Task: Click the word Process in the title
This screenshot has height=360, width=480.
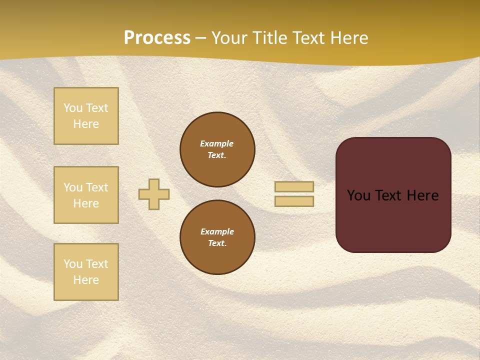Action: click(x=157, y=38)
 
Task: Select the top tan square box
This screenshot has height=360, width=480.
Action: click(x=86, y=116)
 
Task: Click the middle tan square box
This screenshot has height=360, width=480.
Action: click(x=86, y=195)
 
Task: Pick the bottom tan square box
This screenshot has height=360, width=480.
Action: click(x=86, y=272)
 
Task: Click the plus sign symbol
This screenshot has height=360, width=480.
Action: click(x=154, y=194)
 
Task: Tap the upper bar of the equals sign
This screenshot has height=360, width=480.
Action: click(x=294, y=186)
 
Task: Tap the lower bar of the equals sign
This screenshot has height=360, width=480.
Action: click(x=294, y=201)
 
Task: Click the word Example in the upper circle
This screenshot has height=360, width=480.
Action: click(x=217, y=143)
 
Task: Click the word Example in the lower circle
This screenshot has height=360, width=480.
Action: click(x=217, y=231)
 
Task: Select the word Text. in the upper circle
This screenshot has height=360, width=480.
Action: click(x=217, y=155)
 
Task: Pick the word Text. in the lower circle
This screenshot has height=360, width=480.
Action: click(x=217, y=243)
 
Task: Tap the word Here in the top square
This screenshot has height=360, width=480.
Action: click(x=86, y=124)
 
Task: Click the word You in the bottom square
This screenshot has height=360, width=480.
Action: click(x=73, y=264)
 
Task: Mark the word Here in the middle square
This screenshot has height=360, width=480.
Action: click(x=86, y=203)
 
